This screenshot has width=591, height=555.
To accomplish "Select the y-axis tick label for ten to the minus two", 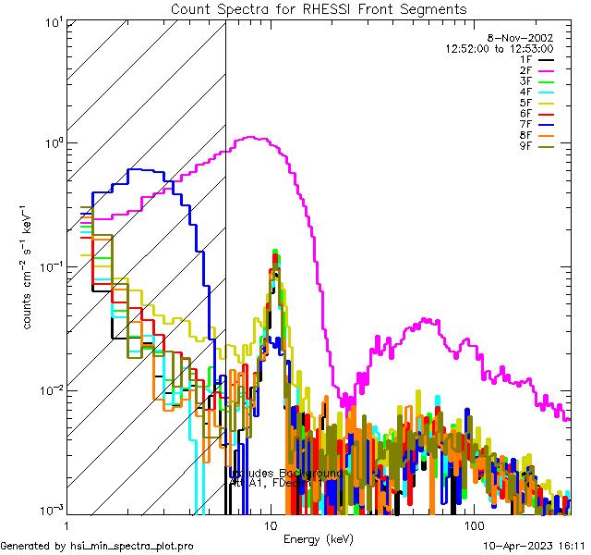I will tap(48, 389).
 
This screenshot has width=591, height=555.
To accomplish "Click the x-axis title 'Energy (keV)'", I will tap(318, 538).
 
